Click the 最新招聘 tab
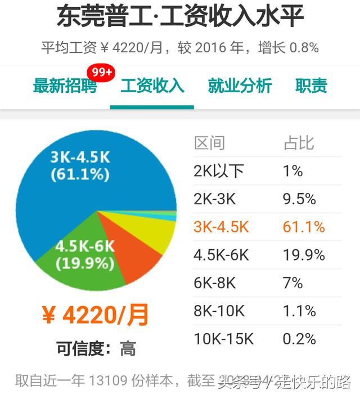click(65, 86)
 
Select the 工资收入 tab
click(152, 86)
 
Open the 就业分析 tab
click(240, 86)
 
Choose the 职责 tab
click(311, 86)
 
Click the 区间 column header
click(209, 143)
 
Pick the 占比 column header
click(298, 143)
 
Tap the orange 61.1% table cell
click(304, 227)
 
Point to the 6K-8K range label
click(215, 283)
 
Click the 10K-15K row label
click(224, 339)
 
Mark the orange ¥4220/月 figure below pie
click(96, 316)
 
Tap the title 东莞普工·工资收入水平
click(180, 17)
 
